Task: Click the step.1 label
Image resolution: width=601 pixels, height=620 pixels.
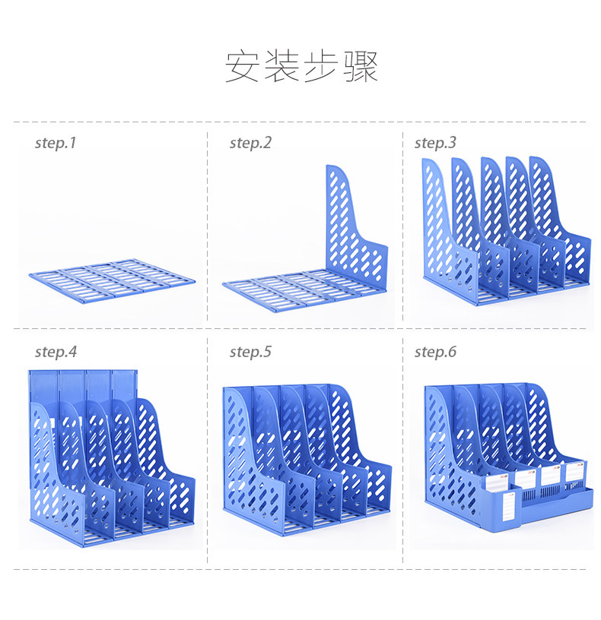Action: click(x=56, y=143)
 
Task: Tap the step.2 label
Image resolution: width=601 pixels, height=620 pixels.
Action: click(x=250, y=143)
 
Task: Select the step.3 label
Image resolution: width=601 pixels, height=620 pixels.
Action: click(x=435, y=143)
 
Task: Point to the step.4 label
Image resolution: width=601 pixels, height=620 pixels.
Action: click(x=56, y=353)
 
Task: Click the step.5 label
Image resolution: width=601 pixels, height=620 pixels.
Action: click(x=250, y=353)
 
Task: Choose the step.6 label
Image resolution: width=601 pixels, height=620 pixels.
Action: click(x=435, y=353)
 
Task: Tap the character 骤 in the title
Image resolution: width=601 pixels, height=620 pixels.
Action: click(x=360, y=67)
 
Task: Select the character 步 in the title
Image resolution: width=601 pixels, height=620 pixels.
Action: click(x=321, y=67)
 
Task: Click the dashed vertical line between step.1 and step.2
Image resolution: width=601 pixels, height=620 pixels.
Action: click(x=208, y=228)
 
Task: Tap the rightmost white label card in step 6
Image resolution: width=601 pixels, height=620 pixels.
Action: click(x=574, y=473)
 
